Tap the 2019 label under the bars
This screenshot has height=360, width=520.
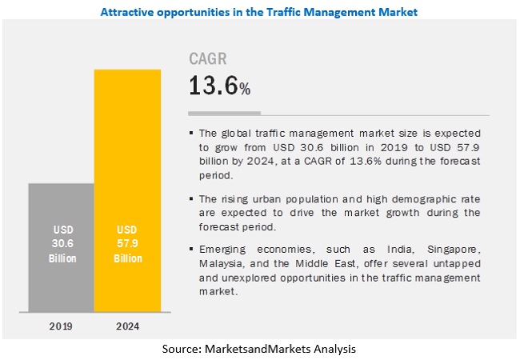(61, 326)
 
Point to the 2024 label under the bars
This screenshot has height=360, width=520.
(128, 326)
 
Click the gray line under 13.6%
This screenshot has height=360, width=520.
(224, 113)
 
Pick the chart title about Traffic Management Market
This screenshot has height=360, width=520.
(259, 12)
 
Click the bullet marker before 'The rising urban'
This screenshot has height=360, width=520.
(192, 198)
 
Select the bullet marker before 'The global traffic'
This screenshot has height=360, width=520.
(192, 133)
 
